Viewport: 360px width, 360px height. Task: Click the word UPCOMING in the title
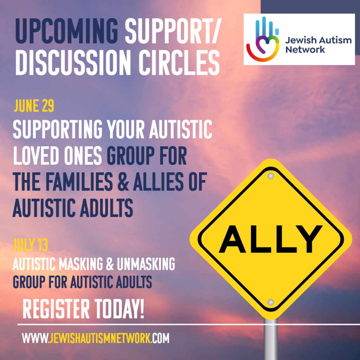pos(66,31)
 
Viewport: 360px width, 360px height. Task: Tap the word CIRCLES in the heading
pos(179,63)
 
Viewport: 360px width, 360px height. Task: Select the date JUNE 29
pos(34,106)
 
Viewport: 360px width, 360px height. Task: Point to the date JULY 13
pos(30,245)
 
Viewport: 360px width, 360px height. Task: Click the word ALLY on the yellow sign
pos(271,239)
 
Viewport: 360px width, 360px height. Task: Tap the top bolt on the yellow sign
pos(271,176)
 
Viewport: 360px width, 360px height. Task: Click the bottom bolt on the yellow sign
pos(271,302)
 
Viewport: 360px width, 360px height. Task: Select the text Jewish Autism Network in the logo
pos(319,45)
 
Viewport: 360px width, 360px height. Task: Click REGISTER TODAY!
pos(83,309)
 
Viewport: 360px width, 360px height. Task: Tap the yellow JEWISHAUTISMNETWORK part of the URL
pos(100,338)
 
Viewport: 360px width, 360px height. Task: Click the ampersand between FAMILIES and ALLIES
pos(123,182)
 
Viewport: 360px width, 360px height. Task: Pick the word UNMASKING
pos(146,264)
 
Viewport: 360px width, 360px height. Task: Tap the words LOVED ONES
pos(57,155)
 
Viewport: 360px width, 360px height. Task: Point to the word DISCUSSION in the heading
pos(73,63)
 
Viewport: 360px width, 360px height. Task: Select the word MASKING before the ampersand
pos(81,264)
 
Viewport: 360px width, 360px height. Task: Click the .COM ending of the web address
pos(160,338)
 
